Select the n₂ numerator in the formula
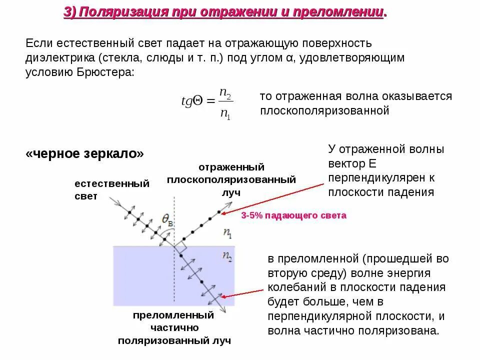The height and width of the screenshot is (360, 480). tap(225, 93)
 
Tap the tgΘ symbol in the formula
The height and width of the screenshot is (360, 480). tap(191, 101)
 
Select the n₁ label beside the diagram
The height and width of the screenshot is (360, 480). tap(227, 232)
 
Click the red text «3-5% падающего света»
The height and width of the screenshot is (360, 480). tap(293, 215)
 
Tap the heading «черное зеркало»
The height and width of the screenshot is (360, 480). tap(84, 153)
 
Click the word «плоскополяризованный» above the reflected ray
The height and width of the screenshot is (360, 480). tap(231, 179)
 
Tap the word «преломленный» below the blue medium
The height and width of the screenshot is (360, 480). tap(173, 315)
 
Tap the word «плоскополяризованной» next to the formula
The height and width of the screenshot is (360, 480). tap(324, 110)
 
